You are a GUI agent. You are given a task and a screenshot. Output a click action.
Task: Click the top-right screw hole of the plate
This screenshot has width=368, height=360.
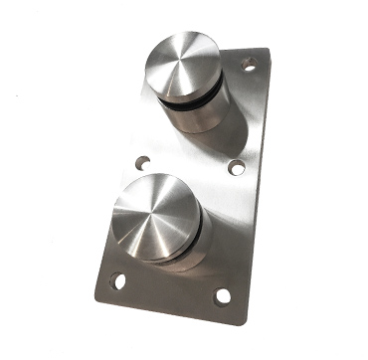[250, 65]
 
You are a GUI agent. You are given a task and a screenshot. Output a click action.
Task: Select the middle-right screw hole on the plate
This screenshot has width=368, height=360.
[236, 169]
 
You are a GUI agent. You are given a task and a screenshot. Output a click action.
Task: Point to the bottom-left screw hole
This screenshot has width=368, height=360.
[120, 281]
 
